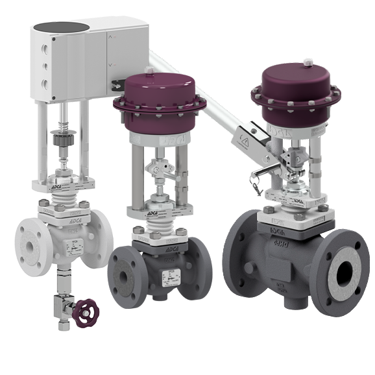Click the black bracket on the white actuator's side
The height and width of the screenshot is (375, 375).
point(117,84)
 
